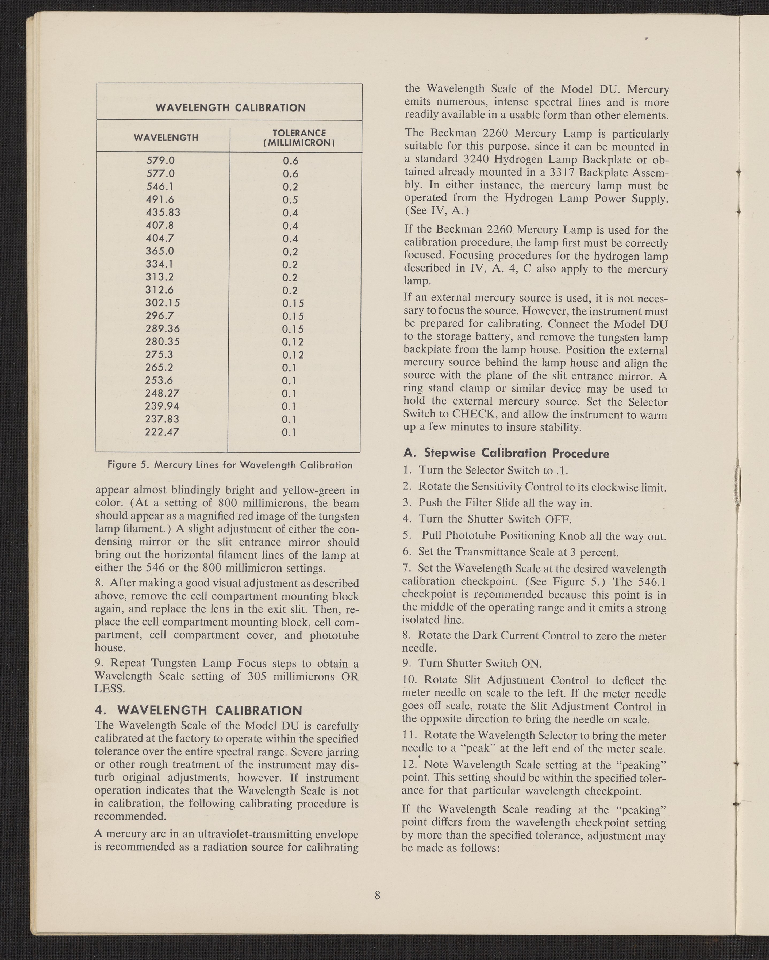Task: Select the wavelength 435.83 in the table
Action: point(163,212)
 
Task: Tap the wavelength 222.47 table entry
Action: point(162,432)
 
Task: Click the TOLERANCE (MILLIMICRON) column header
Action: point(299,138)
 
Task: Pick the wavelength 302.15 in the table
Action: point(163,303)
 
